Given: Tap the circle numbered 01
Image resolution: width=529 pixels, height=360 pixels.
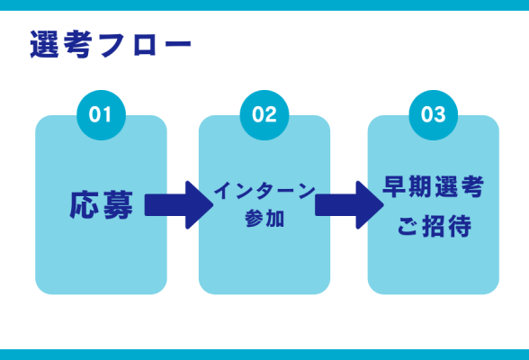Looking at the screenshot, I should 101,115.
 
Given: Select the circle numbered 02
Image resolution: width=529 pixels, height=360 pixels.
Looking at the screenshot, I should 264,115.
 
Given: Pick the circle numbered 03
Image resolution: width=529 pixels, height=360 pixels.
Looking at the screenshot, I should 433,115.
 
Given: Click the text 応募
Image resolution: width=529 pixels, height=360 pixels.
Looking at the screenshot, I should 101,204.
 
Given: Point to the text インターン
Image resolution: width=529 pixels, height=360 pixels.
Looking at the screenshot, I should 264,191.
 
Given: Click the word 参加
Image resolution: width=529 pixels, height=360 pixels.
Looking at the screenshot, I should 264,219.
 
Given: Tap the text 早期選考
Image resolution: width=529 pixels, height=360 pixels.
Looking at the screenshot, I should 434,188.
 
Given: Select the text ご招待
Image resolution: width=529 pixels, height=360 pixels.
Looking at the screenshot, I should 434,225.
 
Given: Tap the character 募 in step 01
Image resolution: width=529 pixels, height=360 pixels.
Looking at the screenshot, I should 117,204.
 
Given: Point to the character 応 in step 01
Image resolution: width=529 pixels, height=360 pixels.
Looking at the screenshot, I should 85,204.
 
